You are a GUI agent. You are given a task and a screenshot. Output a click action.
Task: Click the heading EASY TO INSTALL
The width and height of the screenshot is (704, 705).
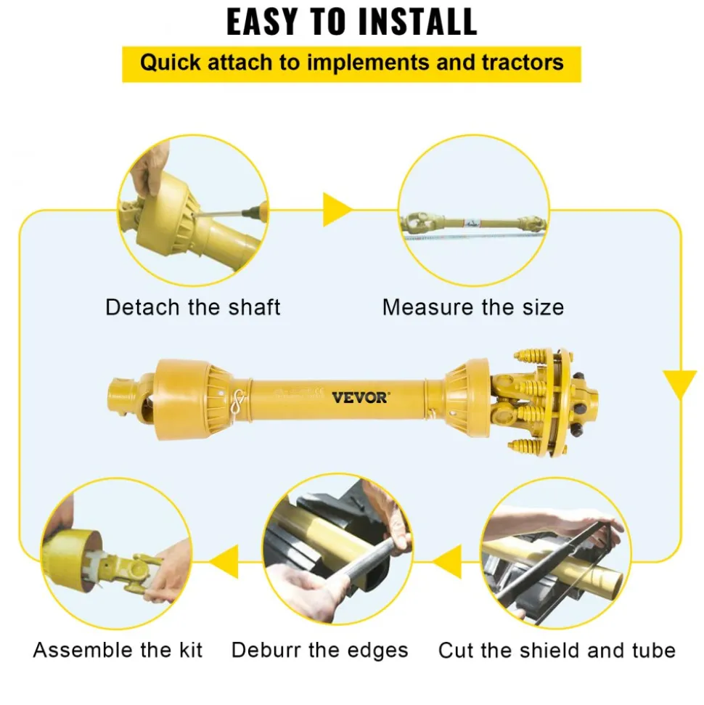click(351, 22)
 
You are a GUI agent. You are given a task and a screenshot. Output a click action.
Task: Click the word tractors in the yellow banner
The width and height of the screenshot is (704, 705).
click(523, 62)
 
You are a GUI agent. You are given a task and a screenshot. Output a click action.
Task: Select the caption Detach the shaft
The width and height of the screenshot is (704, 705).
click(193, 308)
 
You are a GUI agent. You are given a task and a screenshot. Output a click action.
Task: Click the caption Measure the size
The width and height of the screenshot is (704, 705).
click(473, 308)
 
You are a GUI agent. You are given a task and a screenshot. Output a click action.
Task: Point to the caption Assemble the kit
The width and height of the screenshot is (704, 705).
click(118, 650)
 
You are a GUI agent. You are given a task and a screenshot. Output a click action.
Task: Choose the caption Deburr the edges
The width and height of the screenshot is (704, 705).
click(319, 651)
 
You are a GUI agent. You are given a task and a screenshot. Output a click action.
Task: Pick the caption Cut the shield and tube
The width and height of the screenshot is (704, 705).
click(557, 651)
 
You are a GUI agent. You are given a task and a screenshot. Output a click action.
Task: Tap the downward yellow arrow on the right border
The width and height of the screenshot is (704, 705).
click(680, 384)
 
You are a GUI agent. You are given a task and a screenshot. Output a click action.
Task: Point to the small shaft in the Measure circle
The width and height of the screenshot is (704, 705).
click(474, 223)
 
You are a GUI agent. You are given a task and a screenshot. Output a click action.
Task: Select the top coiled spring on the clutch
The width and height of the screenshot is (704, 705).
click(533, 355)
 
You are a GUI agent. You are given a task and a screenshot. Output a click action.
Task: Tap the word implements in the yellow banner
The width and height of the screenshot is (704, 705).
click(368, 63)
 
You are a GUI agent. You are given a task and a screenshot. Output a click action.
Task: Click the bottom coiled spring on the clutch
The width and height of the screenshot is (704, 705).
click(526, 446)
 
